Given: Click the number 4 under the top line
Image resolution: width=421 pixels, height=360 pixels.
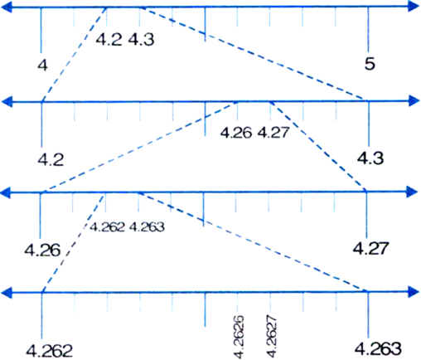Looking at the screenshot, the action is [43, 66].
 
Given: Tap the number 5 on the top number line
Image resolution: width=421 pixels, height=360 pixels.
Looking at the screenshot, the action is [370, 64].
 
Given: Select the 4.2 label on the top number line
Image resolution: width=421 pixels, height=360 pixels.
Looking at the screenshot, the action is [109, 40].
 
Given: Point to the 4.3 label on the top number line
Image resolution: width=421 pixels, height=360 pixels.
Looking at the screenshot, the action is [141, 40].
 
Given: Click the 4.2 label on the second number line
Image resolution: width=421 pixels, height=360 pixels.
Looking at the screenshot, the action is [51, 160].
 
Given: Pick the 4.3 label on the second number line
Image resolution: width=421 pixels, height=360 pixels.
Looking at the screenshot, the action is [370, 158].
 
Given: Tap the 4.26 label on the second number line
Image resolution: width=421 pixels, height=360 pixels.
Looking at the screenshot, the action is [236, 133].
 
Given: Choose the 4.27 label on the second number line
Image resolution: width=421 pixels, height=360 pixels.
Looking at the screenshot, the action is [273, 133].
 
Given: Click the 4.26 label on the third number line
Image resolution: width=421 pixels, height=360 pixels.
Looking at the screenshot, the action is [42, 251].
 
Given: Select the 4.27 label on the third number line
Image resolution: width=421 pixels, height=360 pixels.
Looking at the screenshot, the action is [370, 248].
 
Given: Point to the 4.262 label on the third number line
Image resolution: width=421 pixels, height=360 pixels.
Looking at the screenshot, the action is [107, 227].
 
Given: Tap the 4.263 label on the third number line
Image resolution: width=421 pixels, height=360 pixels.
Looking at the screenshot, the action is [147, 227].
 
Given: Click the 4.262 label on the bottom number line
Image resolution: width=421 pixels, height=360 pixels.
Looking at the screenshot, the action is [50, 351].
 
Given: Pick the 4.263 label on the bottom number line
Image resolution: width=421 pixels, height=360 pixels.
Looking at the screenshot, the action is [378, 348].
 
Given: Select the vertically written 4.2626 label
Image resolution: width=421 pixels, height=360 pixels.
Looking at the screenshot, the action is [239, 336].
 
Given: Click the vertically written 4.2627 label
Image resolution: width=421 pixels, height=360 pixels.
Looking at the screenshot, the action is [271, 336].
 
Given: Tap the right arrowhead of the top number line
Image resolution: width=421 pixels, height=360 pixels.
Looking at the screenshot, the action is [414, 6].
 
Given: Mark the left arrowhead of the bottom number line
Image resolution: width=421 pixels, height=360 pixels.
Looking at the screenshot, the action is [7, 293].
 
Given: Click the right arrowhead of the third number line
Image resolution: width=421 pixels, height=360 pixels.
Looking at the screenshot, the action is [412, 192].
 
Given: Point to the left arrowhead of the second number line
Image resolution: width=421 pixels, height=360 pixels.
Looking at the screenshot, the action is [7, 101].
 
